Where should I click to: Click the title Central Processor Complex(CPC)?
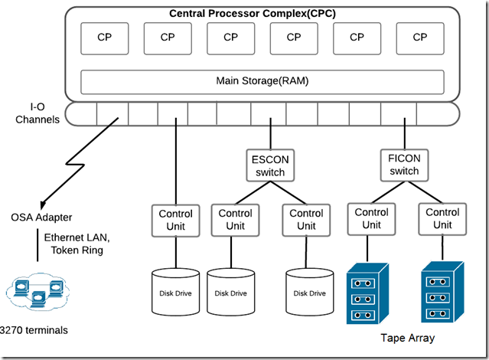[x=253, y=14]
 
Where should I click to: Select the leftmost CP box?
[x=105, y=38]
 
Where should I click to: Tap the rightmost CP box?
[x=420, y=38]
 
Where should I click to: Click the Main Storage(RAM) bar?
[x=262, y=82]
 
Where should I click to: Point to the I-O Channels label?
[x=37, y=113]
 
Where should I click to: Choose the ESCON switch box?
[x=270, y=165]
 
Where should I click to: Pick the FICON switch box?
[x=404, y=165]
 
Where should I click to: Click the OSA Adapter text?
[x=41, y=218]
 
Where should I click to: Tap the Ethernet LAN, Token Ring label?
[x=77, y=244]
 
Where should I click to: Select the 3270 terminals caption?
[x=34, y=330]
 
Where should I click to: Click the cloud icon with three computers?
[x=37, y=292]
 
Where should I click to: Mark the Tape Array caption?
[x=408, y=338]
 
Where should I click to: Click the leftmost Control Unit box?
[x=175, y=221]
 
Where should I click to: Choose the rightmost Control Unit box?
[x=442, y=219]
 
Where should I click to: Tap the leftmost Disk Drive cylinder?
[x=175, y=292]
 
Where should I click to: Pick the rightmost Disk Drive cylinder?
[x=310, y=292]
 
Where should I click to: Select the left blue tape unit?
[x=367, y=293]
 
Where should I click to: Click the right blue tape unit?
[x=442, y=292]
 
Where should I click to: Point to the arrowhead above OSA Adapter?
[x=43, y=205]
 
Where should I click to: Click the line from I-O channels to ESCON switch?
[x=270, y=133]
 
